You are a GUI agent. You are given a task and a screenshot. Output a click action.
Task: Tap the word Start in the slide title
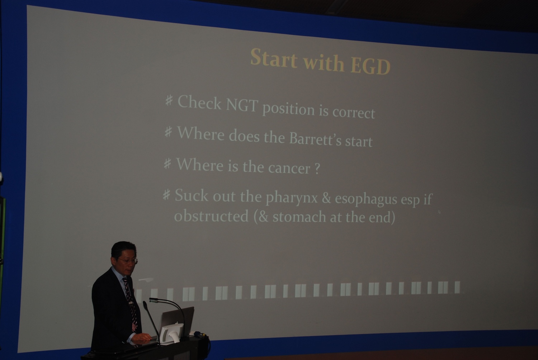(274, 57)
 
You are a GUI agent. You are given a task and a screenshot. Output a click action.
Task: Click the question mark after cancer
(317, 169)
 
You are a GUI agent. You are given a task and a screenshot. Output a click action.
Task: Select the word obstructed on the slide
(211, 215)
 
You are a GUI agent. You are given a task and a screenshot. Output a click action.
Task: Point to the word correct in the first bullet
(354, 112)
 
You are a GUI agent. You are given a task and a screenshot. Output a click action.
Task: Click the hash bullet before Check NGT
(169, 100)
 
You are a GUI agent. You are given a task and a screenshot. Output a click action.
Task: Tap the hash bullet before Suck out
(166, 194)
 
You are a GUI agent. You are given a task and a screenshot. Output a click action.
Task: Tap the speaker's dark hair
(123, 250)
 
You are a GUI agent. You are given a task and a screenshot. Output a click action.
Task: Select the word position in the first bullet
(288, 109)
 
